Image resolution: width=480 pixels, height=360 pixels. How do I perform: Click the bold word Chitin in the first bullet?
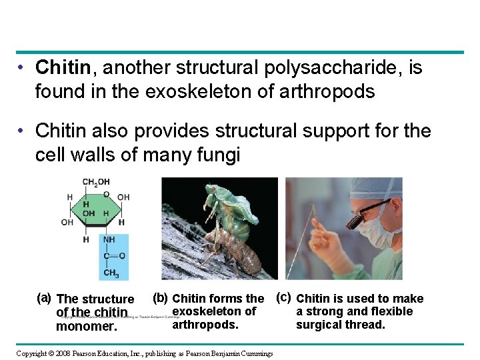[x=63, y=68]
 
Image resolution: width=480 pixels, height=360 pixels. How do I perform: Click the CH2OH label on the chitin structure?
[x=97, y=182]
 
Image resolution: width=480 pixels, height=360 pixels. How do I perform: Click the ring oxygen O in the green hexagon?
[x=107, y=194]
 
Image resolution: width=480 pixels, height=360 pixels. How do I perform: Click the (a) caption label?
[x=44, y=297]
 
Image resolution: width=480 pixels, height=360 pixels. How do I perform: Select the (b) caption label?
[x=160, y=297]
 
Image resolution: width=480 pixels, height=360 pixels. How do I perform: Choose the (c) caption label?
[x=284, y=297]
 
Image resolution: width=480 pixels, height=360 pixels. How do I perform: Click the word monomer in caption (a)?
[x=86, y=327]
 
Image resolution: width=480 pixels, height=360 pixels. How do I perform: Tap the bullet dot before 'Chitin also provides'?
[x=22, y=131]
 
